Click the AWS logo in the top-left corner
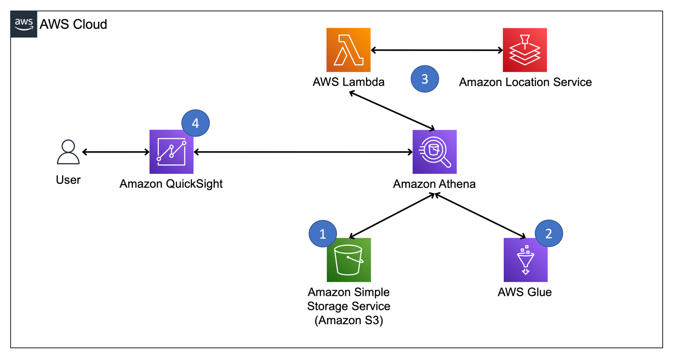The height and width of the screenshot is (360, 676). click(24, 24)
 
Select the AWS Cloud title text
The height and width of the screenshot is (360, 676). click(73, 24)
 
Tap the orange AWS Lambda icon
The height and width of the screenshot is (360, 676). click(348, 50)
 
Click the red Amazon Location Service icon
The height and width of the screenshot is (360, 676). click(525, 50)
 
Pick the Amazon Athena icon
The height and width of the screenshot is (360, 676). click(434, 152)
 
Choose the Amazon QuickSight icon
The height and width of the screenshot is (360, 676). click(171, 152)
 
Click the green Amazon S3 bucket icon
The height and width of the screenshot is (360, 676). click(348, 260)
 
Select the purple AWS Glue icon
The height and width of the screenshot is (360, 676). click(525, 260)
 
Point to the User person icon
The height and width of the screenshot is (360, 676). click(68, 152)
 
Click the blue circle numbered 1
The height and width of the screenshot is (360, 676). click(322, 233)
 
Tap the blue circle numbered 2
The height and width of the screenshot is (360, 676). click(548, 233)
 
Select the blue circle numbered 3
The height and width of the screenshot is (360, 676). click(425, 79)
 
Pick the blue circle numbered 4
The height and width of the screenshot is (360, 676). click(195, 123)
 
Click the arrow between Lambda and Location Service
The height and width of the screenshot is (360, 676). click(437, 50)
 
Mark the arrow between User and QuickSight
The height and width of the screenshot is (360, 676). click(116, 152)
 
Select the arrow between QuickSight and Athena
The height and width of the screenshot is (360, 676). click(303, 152)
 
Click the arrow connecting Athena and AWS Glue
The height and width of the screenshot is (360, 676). click(480, 215)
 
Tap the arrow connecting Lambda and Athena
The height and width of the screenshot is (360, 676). click(391, 110)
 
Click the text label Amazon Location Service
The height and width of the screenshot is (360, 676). click(525, 82)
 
